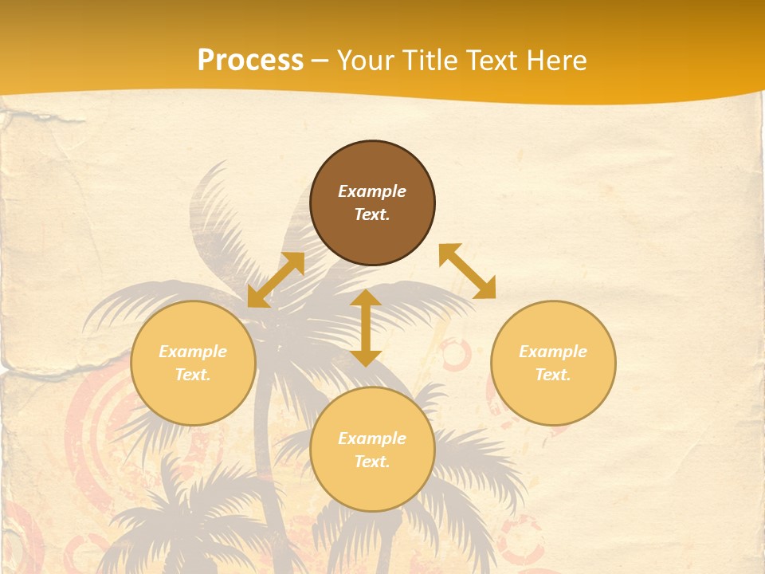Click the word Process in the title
tap(250, 61)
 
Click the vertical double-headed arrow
tap(366, 328)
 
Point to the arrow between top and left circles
tap(276, 280)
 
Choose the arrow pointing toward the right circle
tap(468, 271)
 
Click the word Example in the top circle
tap(372, 191)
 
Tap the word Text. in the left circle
tap(193, 375)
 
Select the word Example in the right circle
tap(553, 352)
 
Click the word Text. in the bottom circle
tap(372, 462)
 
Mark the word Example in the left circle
tap(193, 352)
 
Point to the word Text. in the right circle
tap(553, 375)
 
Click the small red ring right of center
tap(456, 354)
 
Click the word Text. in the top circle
tap(372, 214)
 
